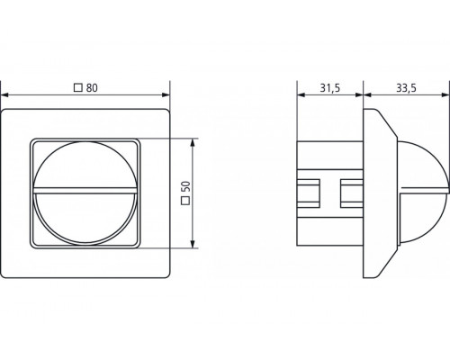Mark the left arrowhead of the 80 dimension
[5, 95]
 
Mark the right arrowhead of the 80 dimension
[167, 95]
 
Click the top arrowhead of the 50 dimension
[193, 142]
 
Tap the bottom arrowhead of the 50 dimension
[193, 245]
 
